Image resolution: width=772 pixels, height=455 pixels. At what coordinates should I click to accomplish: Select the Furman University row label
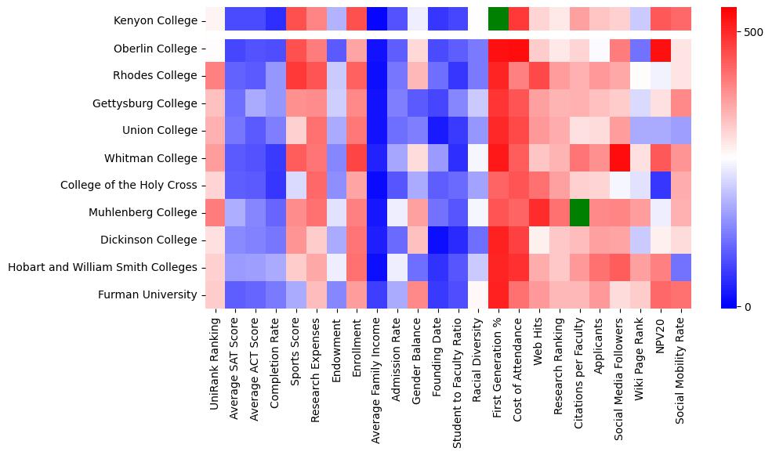point(147,294)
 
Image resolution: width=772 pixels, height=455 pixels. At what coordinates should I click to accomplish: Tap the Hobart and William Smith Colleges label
point(102,267)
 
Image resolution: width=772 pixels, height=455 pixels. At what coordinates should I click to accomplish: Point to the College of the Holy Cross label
point(129,186)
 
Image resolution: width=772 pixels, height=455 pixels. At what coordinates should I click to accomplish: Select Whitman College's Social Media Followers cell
point(620,157)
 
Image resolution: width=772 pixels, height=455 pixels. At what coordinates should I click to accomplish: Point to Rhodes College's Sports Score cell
point(296,76)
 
